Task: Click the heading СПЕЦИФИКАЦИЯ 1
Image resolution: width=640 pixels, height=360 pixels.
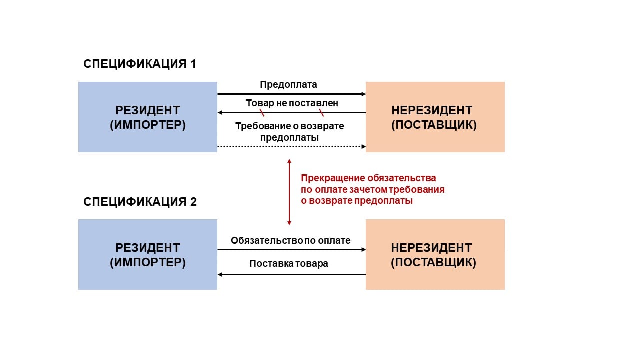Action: click(140, 64)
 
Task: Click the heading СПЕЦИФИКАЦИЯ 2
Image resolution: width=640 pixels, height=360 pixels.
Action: click(140, 202)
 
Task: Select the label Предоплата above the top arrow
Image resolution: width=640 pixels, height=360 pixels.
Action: click(288, 84)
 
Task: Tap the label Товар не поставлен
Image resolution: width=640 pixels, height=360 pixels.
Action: click(292, 103)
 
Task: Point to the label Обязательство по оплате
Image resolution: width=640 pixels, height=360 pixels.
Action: click(290, 240)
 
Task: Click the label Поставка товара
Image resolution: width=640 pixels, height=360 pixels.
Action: click(289, 263)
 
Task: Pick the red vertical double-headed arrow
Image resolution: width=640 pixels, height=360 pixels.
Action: click(289, 192)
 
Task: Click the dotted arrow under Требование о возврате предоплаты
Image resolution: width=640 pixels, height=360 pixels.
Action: click(292, 146)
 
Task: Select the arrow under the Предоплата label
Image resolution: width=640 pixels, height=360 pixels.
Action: click(292, 94)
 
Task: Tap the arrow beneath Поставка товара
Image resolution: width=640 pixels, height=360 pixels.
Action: click(292, 274)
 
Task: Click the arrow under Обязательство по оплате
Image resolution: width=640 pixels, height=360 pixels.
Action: click(292, 249)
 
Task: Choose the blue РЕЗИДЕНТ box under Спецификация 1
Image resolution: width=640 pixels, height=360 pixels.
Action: click(148, 117)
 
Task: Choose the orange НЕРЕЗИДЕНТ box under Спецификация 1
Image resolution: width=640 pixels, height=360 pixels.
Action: click(435, 117)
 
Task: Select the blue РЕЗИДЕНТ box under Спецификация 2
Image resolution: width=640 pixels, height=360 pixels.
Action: click(148, 254)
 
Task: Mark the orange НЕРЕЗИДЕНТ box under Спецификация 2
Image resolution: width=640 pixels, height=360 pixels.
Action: click(435, 254)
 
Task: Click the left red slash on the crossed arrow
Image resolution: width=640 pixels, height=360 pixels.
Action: click(262, 113)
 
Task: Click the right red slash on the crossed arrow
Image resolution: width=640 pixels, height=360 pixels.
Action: click(321, 113)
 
